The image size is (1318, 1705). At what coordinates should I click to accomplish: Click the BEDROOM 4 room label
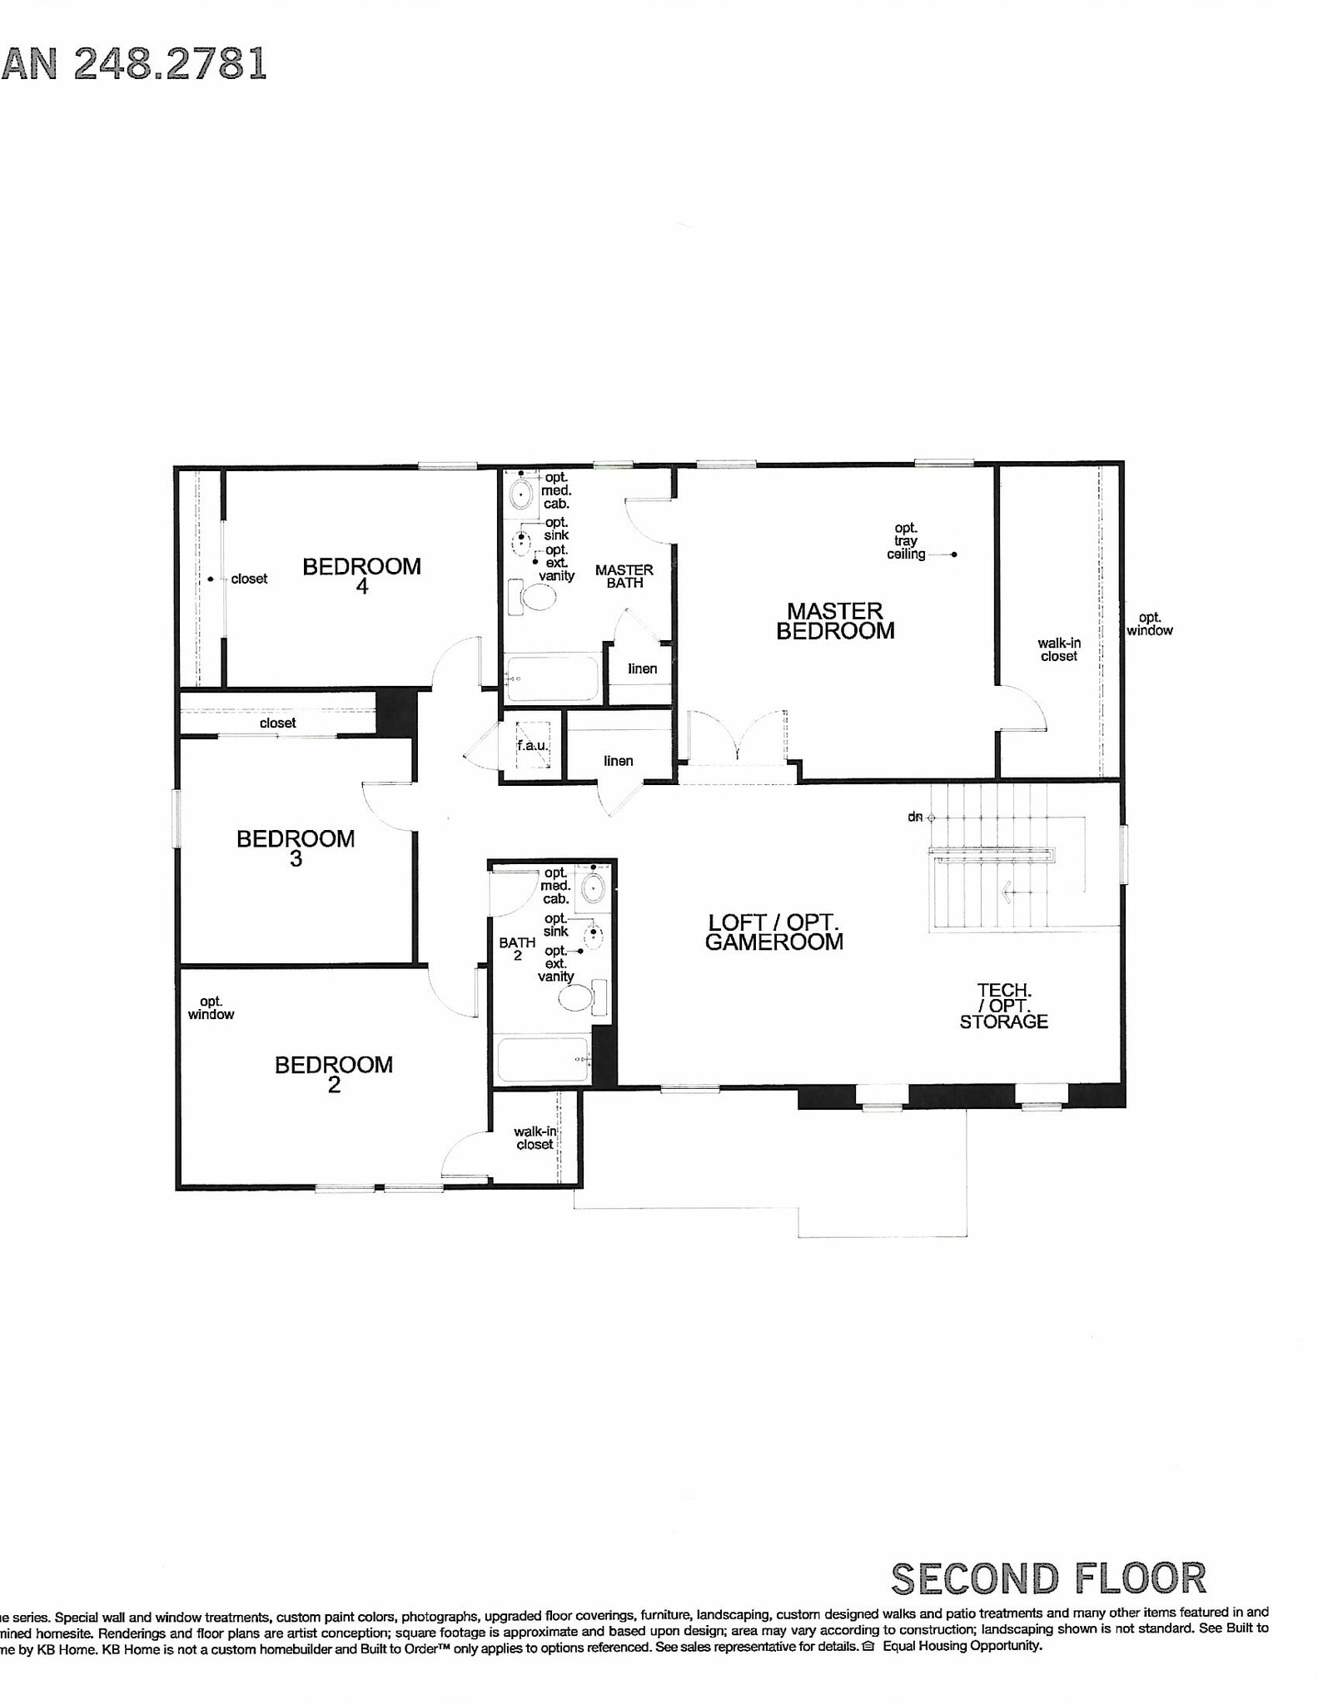(x=361, y=575)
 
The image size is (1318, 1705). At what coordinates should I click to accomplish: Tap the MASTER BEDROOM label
(x=835, y=621)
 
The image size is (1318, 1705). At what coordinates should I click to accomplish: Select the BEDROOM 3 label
(x=296, y=848)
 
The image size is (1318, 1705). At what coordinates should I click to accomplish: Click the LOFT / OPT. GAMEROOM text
(x=773, y=932)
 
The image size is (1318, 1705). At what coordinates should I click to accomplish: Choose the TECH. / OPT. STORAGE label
(x=1003, y=1006)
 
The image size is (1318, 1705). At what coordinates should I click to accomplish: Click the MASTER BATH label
(x=624, y=576)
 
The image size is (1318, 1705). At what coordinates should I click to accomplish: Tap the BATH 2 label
(x=517, y=948)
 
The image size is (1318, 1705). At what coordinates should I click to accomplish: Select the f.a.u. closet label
(x=532, y=746)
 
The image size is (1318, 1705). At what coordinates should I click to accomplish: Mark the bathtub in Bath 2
(x=542, y=1059)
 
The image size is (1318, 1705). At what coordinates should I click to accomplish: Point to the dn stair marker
(x=916, y=818)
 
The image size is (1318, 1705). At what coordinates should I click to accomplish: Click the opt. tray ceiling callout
(x=906, y=541)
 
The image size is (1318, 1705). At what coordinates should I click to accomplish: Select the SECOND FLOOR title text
(x=1048, y=1578)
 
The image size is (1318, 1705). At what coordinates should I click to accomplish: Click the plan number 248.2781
(x=170, y=64)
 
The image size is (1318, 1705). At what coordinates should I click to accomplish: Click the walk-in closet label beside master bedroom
(x=1058, y=649)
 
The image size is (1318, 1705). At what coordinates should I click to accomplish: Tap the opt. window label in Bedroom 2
(x=211, y=1007)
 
